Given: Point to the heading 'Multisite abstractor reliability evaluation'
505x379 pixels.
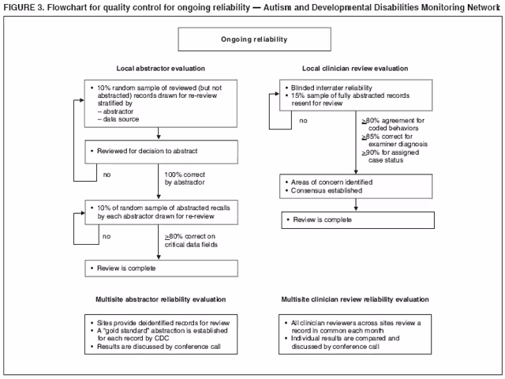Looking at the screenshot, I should [x=160, y=299].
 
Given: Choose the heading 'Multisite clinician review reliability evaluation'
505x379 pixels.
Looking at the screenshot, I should [x=355, y=299].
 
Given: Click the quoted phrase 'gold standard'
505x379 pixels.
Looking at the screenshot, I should [x=121, y=332].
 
